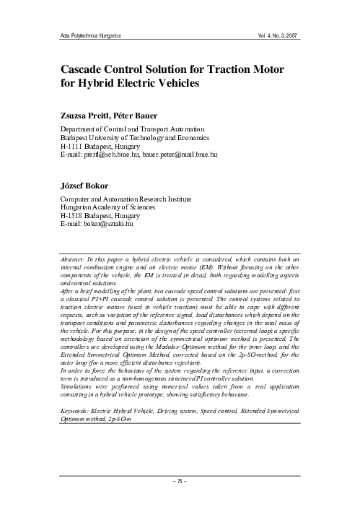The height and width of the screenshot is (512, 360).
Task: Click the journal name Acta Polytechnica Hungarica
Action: pos(89,35)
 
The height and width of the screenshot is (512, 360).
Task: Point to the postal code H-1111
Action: pos(75,145)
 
